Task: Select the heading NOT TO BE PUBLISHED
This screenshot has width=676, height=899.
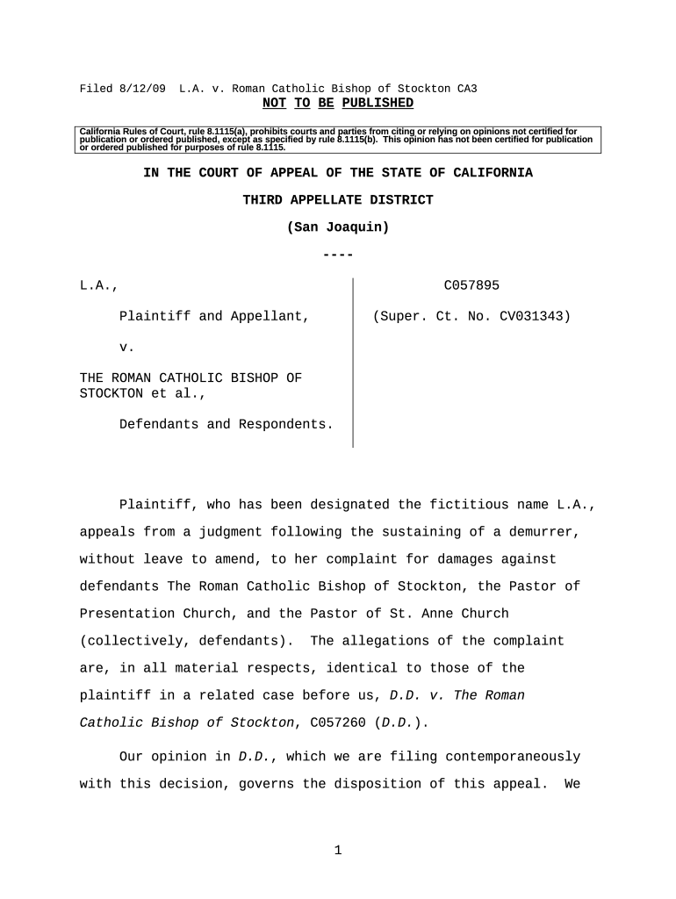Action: pos(338,104)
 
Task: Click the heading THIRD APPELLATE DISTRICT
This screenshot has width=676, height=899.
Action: pos(338,200)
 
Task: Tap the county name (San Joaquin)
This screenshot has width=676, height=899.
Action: pos(338,227)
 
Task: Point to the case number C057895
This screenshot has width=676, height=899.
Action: pos(471,285)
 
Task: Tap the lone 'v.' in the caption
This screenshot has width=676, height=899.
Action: pos(126,347)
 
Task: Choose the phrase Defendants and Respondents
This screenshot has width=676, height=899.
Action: pos(226,424)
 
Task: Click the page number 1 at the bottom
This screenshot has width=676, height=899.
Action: pos(338,850)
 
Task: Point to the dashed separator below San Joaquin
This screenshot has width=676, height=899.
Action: pos(338,255)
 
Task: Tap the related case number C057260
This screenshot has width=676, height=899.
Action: pos(337,723)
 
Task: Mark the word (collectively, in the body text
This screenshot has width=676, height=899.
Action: pos(131,641)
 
